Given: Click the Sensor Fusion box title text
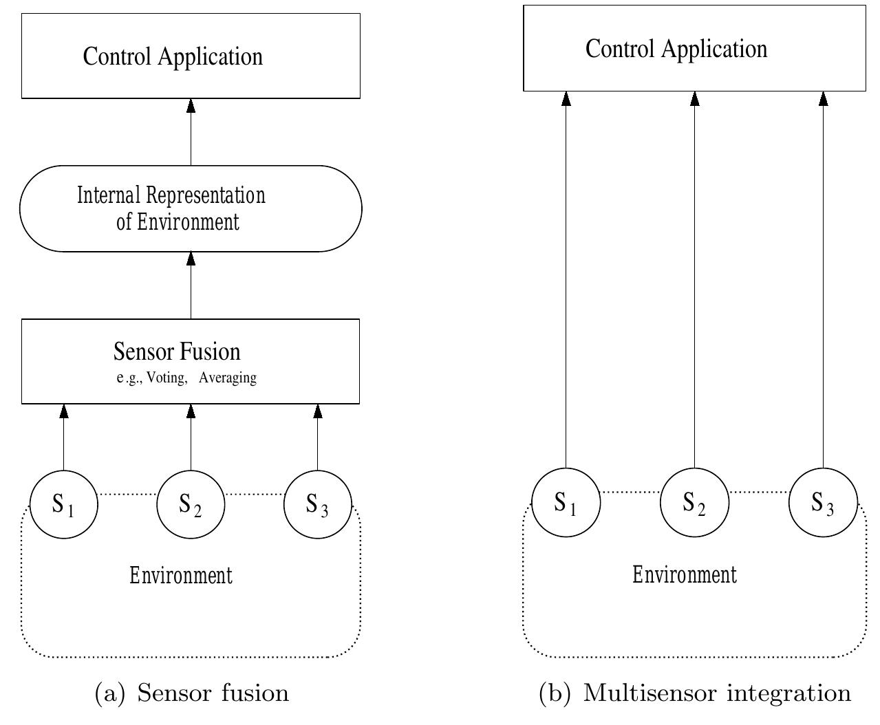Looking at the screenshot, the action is tap(177, 351).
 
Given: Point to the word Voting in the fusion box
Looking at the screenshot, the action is tap(167, 378).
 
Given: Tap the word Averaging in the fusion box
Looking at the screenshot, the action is tap(228, 378).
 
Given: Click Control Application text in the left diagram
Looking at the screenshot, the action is tap(173, 57).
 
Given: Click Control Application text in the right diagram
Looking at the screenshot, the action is tap(676, 50).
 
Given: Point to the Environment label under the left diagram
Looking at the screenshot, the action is tap(181, 576).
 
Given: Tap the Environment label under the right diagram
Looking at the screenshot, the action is tap(685, 574).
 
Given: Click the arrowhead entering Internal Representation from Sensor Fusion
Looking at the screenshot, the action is tap(191, 259).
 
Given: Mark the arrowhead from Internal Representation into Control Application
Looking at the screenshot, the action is tap(191, 106).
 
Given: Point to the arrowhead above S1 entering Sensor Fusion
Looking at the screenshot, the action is tap(63, 411).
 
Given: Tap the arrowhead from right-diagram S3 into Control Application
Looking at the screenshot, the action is tap(823, 98).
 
